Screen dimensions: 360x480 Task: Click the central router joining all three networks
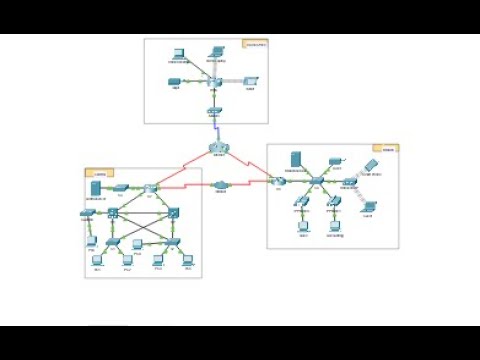(x=218, y=149)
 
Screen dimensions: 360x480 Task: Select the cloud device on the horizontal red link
(x=222, y=185)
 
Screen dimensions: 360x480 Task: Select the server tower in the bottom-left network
(x=95, y=188)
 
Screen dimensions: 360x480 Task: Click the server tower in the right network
(x=296, y=160)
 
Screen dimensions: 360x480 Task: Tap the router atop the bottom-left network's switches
(x=150, y=188)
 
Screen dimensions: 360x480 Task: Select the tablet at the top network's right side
(x=251, y=79)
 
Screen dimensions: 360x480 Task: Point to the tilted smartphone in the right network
(x=371, y=163)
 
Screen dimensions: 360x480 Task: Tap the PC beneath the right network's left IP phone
(x=303, y=224)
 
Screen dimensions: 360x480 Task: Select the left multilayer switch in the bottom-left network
(x=115, y=212)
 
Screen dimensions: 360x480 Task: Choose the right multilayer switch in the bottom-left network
(x=173, y=212)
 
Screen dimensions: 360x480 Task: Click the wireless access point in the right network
(x=349, y=183)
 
